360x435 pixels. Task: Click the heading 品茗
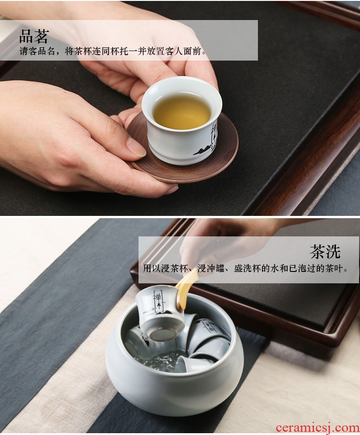(34, 36)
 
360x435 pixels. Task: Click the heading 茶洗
(325, 251)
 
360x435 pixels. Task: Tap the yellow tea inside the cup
(181, 111)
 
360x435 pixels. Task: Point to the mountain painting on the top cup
(205, 150)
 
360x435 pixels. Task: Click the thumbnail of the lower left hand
(135, 147)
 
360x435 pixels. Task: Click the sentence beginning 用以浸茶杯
(246, 268)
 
